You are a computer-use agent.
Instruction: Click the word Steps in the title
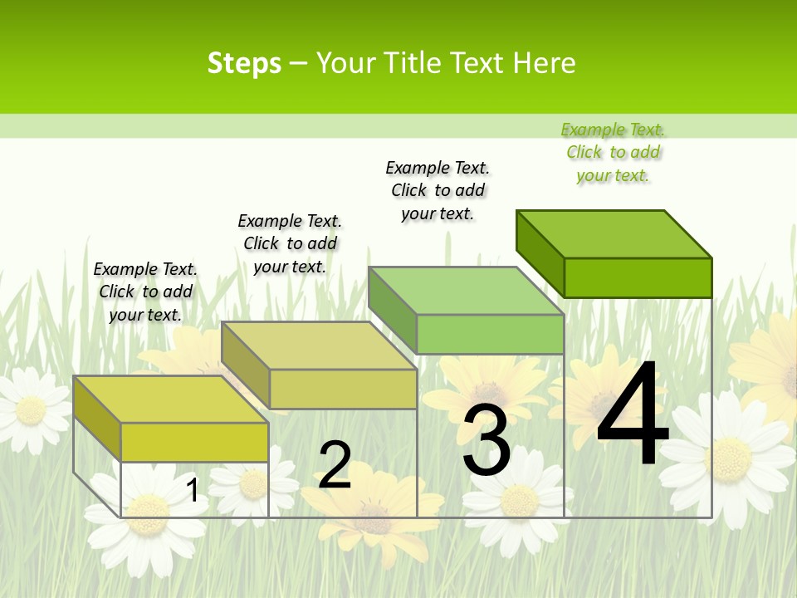[x=244, y=63]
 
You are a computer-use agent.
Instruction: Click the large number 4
[x=633, y=415]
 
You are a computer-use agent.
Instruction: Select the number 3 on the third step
[x=487, y=440]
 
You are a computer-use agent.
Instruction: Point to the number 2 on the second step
[x=335, y=465]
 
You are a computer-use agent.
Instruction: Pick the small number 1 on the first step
[x=193, y=490]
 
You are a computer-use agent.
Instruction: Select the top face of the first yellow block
[x=171, y=399]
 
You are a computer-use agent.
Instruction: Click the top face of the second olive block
[x=320, y=346]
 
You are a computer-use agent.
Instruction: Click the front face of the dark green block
[x=638, y=277]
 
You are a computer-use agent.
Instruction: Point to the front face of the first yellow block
[x=194, y=442]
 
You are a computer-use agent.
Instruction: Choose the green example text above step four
[x=613, y=152]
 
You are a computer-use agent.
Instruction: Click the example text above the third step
[x=438, y=190]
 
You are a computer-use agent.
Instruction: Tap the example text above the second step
[x=290, y=243]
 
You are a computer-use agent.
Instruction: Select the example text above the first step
[x=145, y=292]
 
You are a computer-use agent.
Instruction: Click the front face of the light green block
[x=490, y=334]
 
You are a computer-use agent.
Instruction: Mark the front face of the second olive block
[x=343, y=389]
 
